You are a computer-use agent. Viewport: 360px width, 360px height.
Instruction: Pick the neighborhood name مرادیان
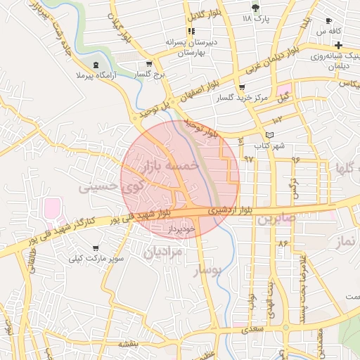coord(163,252)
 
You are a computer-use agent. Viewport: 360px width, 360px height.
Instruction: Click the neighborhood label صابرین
coord(278,219)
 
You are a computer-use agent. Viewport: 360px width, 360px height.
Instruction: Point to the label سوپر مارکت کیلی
coord(96,259)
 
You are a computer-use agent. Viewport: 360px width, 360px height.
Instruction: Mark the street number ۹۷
coord(248,159)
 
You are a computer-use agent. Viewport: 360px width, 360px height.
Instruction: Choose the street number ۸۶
coord(283,243)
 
